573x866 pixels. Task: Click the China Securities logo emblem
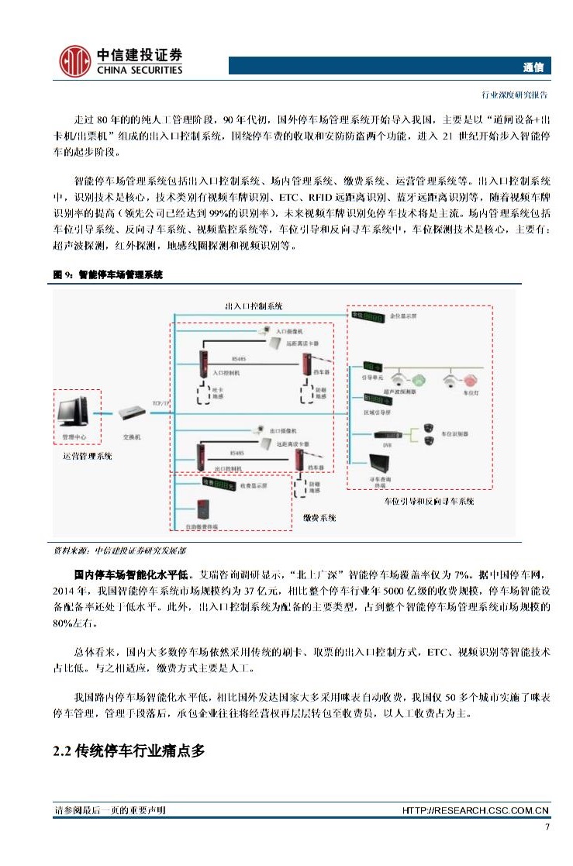pyautogui.click(x=76, y=60)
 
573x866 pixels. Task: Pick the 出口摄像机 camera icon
pyautogui.click(x=261, y=429)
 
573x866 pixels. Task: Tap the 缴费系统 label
pyautogui.click(x=319, y=517)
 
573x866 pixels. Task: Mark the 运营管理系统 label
pyautogui.click(x=87, y=457)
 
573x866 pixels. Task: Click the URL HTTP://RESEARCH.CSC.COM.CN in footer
pyautogui.click(x=476, y=810)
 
